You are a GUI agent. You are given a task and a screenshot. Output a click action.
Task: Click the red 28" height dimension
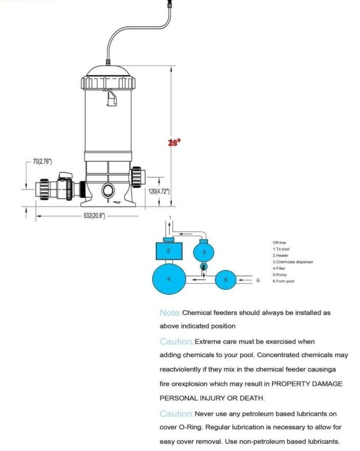pos(174,143)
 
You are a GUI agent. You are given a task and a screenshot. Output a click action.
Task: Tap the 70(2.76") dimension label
pos(42,162)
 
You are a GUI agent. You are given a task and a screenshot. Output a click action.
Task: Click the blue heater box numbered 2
pos(168,250)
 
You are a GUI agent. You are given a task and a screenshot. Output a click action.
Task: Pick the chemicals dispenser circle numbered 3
pos(205,250)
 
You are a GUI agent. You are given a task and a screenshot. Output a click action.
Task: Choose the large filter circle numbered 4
pos(168,278)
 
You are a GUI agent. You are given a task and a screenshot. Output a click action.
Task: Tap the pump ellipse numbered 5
pos(225,279)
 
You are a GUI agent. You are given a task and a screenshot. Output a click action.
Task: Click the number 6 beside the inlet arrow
pos(258,280)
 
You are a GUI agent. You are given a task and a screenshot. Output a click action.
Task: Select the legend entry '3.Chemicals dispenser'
pos(293,262)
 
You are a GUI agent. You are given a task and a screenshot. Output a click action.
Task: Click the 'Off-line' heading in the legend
pos(280,242)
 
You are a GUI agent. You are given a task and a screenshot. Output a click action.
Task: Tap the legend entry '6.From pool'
pos(283,281)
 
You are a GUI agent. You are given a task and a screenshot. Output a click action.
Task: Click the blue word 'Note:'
pos(170,312)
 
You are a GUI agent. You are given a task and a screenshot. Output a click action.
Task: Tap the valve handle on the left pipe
pos(66,176)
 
